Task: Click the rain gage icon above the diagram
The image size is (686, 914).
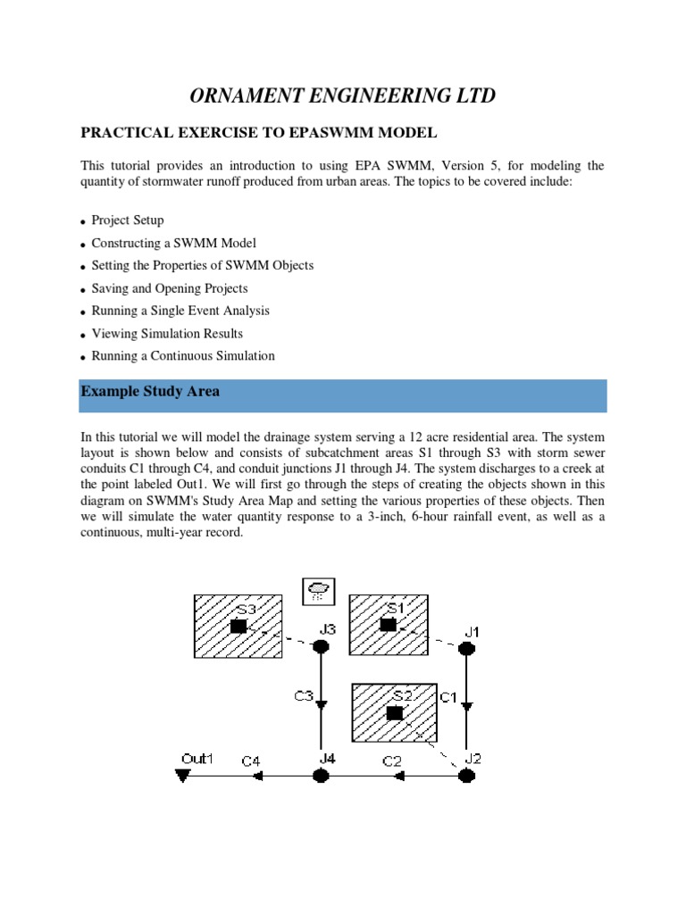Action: click(317, 590)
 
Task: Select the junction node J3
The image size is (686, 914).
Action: click(321, 645)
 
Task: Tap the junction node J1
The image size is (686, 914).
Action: click(465, 647)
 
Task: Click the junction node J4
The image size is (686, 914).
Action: click(321, 776)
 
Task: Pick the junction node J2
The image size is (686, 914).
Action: click(465, 776)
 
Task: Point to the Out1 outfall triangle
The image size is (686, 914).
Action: click(183, 777)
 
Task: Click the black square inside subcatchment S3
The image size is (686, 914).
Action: click(238, 627)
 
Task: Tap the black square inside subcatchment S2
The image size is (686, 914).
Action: click(394, 713)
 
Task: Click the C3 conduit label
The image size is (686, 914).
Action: click(304, 695)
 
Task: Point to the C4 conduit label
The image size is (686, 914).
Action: click(251, 761)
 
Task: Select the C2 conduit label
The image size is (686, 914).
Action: click(393, 761)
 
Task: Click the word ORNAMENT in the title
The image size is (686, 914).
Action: click(240, 96)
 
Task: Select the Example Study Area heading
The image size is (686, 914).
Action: click(150, 392)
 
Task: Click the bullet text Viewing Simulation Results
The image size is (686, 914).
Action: click(167, 333)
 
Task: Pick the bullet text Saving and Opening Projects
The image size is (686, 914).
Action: click(170, 288)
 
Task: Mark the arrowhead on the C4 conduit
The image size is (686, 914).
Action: click(259, 777)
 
